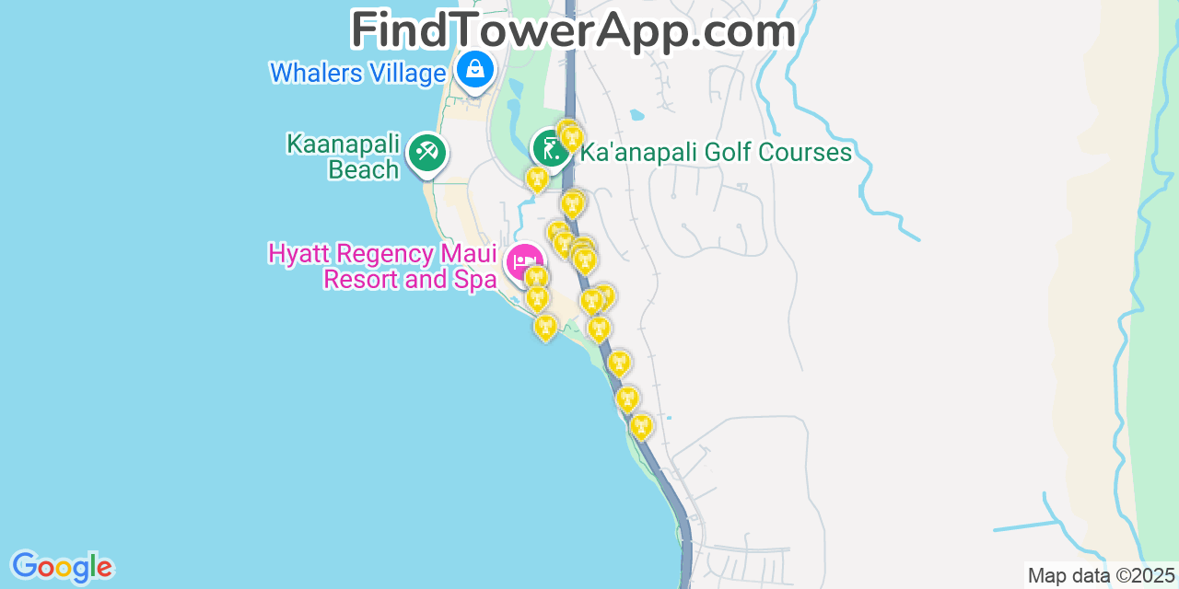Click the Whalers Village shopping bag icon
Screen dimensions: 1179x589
tap(475, 68)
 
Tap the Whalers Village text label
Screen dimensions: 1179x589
tap(357, 73)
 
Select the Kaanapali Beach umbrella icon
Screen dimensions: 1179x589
tap(426, 152)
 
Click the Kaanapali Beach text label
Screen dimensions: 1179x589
tap(344, 157)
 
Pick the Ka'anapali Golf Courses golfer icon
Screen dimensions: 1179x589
tap(550, 147)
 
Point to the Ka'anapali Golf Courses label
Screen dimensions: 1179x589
tap(716, 153)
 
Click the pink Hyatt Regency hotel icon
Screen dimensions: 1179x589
tap(524, 261)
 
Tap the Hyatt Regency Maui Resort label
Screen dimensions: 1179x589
tap(382, 266)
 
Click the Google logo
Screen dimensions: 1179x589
tap(61, 567)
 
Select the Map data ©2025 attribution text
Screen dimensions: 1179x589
tap(1101, 576)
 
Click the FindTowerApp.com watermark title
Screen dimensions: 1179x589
tap(573, 30)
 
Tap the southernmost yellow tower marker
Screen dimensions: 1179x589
tap(642, 425)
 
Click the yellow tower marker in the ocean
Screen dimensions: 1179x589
tap(545, 327)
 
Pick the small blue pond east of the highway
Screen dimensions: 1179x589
tap(636, 116)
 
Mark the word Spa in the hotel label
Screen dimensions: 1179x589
tap(474, 279)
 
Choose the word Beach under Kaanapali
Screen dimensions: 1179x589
tap(364, 169)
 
